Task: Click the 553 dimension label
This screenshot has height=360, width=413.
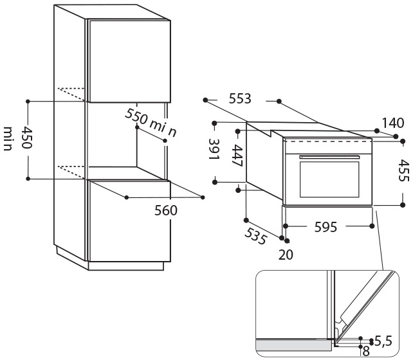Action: point(239,100)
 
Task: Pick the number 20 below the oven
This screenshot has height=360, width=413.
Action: point(286,255)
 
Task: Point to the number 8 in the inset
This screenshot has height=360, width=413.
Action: point(366,350)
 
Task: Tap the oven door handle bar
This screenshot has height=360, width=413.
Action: point(329,156)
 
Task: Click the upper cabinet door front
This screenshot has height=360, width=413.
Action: point(129,61)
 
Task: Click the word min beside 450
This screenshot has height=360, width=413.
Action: point(8,139)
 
